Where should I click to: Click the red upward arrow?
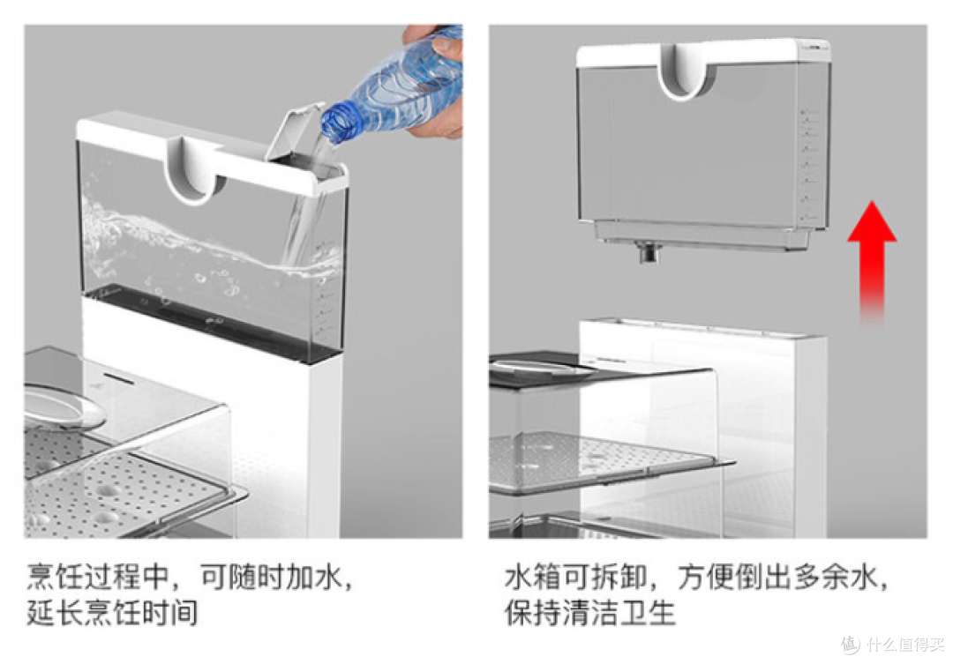point(872,261)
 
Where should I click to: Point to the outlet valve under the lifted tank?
point(649,251)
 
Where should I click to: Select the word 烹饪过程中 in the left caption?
point(98,576)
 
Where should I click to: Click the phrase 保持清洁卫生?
point(589,612)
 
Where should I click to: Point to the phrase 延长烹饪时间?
point(112,612)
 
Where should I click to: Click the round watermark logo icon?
point(851,644)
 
